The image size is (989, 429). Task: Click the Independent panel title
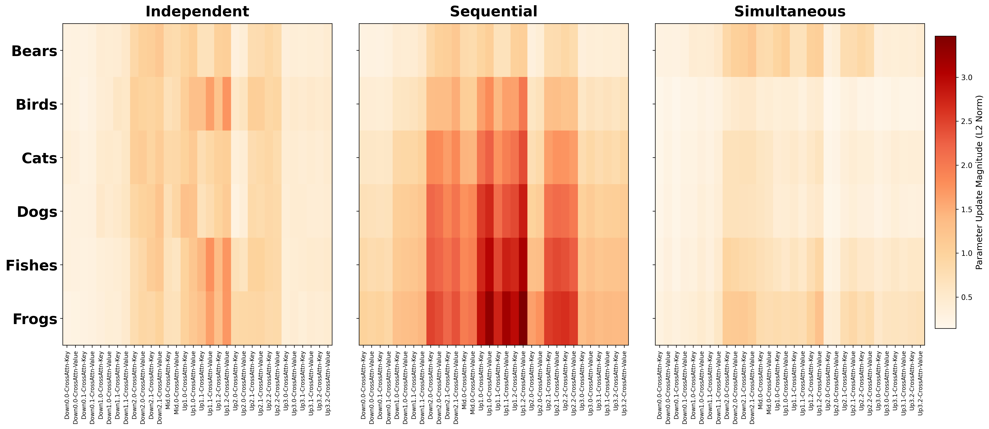[x=197, y=11]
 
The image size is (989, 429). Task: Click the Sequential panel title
[x=493, y=11]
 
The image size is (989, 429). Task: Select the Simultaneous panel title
[x=790, y=11]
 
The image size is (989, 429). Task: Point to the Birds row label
[x=36, y=104]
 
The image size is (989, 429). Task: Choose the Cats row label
[x=39, y=158]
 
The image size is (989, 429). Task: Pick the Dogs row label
[x=37, y=212]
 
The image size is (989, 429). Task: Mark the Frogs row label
[x=35, y=319]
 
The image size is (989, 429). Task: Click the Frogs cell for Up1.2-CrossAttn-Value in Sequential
[x=523, y=318]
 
